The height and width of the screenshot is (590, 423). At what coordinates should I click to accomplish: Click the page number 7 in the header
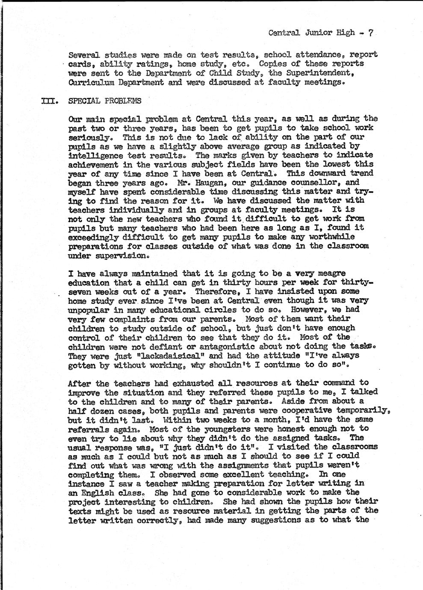pos(372,33)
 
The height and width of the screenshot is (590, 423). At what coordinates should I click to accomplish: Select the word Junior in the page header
pos(317,33)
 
